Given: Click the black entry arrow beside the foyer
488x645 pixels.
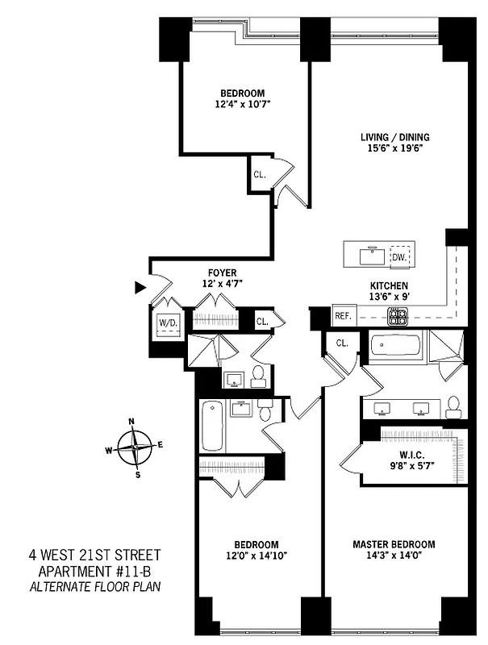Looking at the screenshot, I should [x=140, y=287].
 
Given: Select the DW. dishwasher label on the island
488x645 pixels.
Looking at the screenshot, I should [x=398, y=257].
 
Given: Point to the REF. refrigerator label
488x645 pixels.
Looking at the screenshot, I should [x=342, y=317].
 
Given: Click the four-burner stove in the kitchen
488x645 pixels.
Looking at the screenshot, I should [x=398, y=317].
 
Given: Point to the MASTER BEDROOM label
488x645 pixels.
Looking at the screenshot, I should [x=393, y=544].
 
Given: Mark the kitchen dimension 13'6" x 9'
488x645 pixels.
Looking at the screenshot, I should [x=389, y=297].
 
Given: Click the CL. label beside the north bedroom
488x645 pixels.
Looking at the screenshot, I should [x=260, y=174].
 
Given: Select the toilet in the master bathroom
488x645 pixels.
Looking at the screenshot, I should [x=454, y=406].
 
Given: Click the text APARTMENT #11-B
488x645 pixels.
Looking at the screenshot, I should [x=94, y=571].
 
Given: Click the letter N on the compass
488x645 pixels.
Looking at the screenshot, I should [x=131, y=422].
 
